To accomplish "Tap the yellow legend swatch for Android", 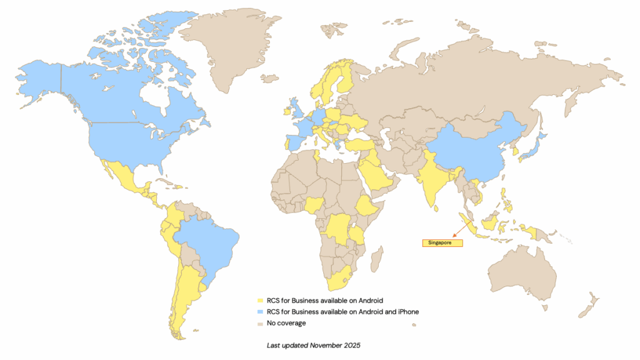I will [x=260, y=301].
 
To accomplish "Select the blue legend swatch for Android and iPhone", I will [x=260, y=312].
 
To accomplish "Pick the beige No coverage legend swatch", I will [x=260, y=323].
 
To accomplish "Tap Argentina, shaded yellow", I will [x=185, y=294].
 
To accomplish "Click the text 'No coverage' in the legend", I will [x=286, y=323].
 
